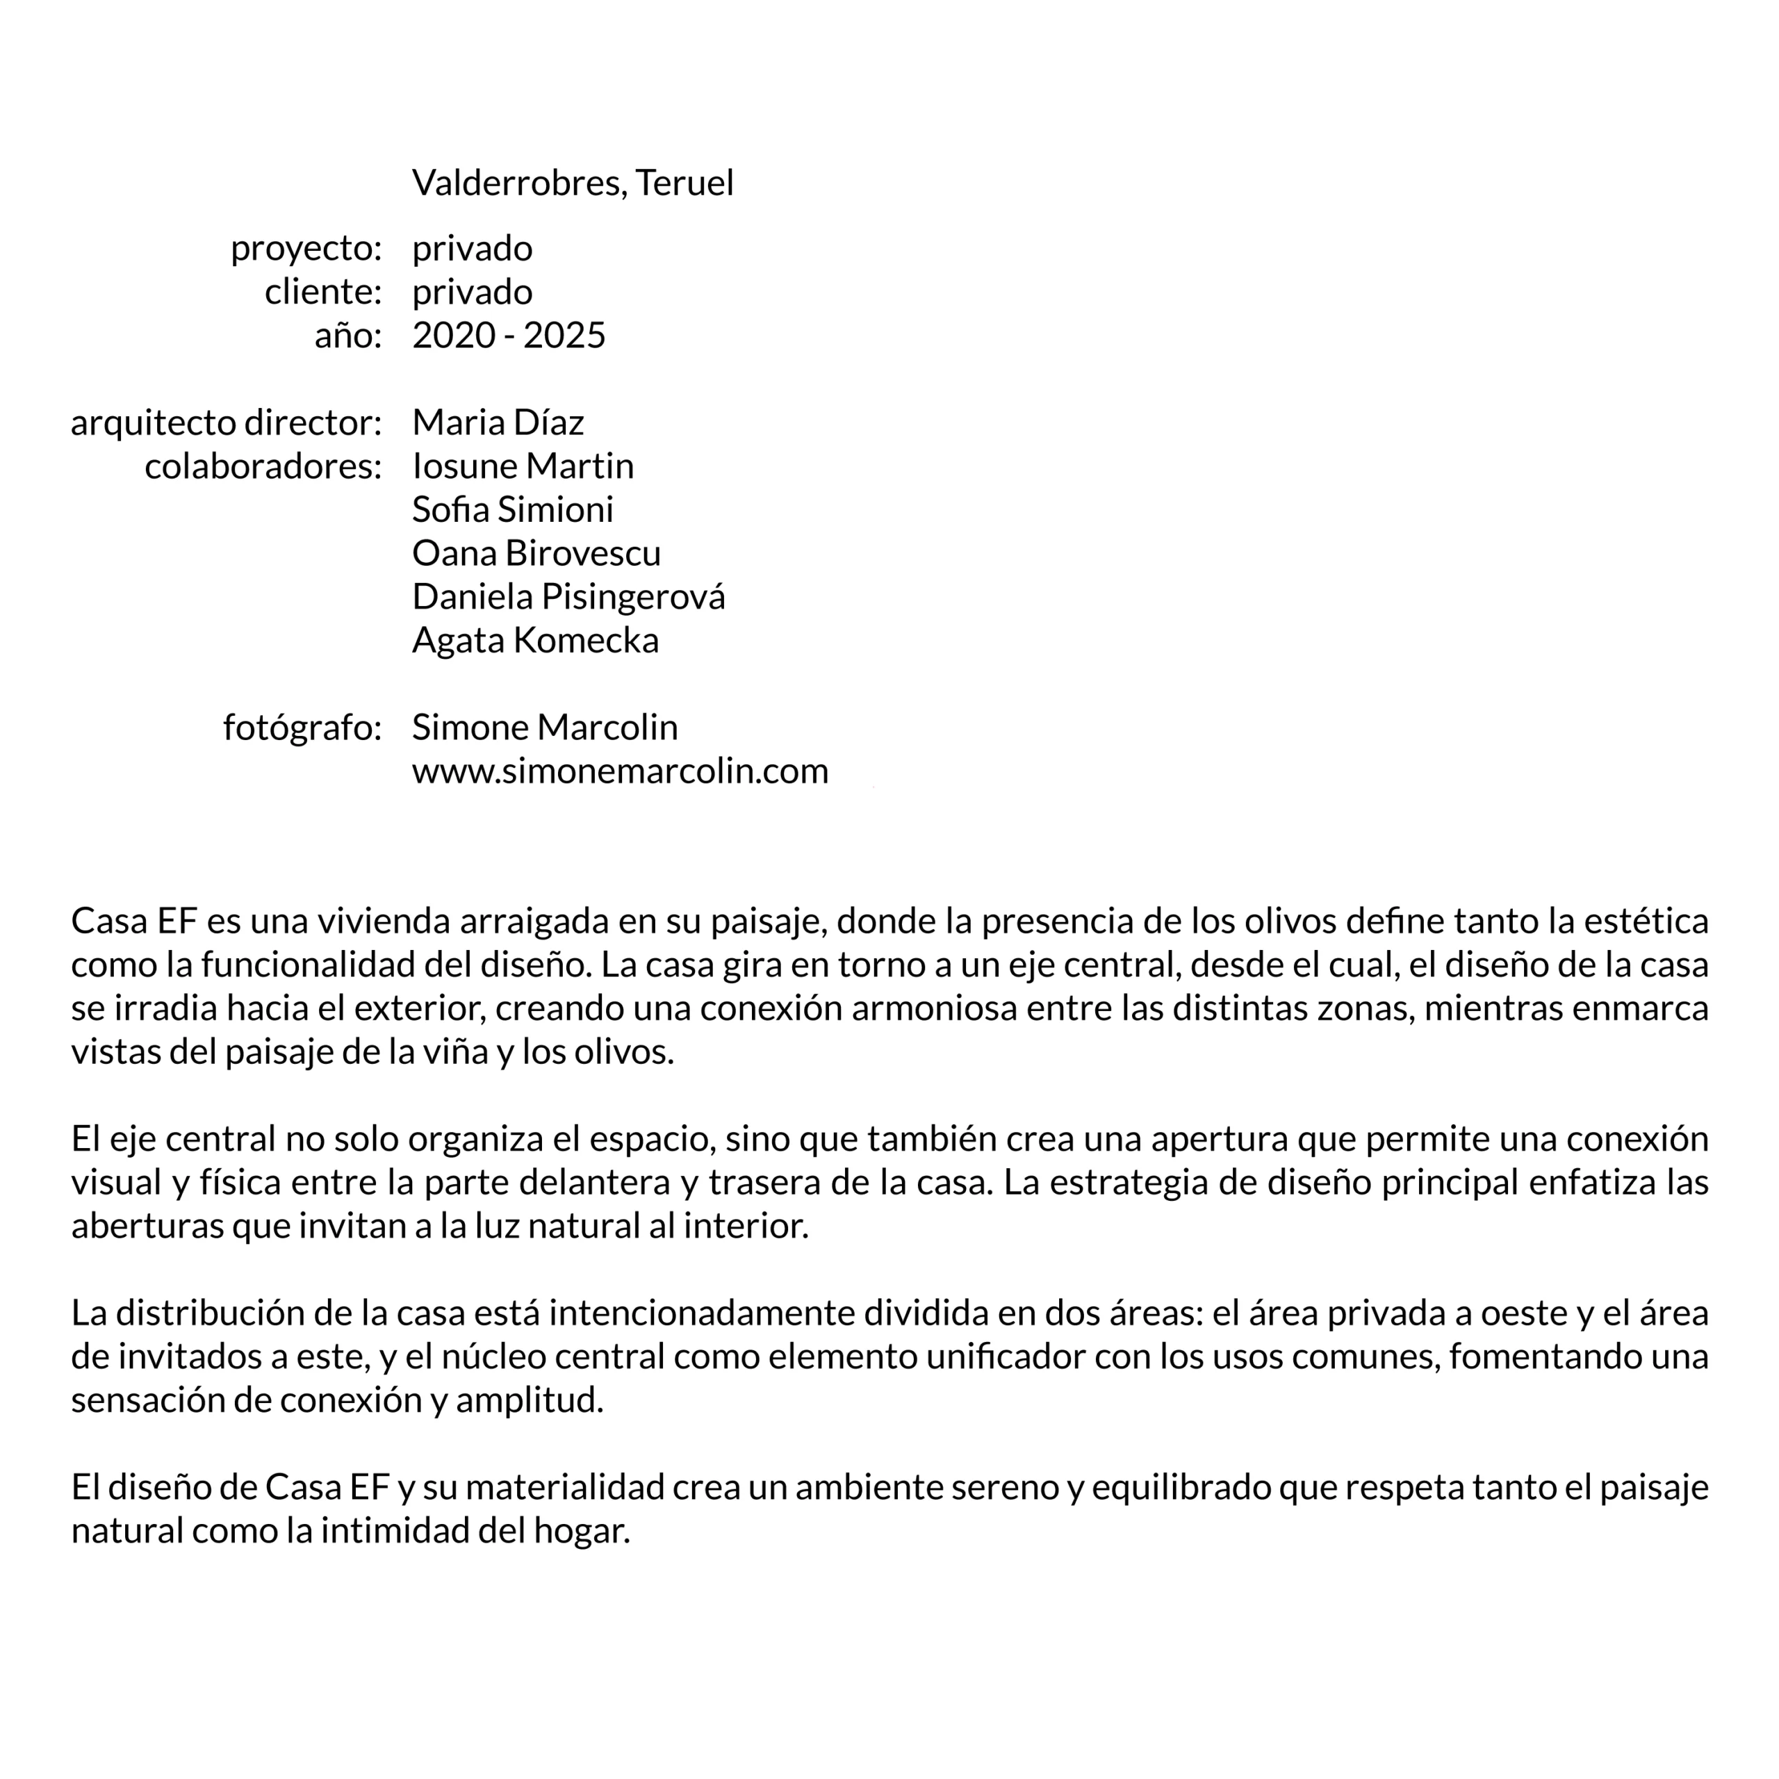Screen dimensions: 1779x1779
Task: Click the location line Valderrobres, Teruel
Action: coord(572,183)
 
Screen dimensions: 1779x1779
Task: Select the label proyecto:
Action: coord(306,249)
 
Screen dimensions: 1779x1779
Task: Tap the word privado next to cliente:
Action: coord(471,292)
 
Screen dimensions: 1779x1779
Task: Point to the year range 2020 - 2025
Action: coord(508,335)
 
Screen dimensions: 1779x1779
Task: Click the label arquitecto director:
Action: coord(226,423)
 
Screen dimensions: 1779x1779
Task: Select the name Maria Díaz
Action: coord(498,423)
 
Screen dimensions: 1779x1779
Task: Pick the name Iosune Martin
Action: coord(522,466)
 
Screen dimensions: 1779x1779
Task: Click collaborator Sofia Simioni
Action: coord(512,509)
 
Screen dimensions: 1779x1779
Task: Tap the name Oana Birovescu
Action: coord(536,553)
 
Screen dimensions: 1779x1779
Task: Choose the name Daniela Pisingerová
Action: coord(568,597)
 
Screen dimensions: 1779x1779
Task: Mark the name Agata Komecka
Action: coord(535,640)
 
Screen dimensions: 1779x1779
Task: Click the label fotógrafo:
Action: coord(302,728)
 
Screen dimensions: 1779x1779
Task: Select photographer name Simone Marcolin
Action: coord(544,728)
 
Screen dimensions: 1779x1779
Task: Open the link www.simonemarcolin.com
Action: coord(620,771)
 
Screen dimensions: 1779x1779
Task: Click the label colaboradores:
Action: coord(263,466)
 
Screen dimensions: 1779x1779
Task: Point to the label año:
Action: coord(347,335)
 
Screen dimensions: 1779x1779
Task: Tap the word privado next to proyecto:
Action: coord(471,249)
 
